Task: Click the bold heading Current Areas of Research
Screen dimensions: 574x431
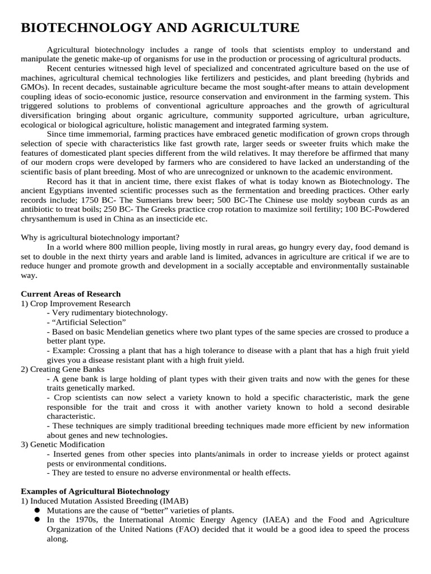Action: [71, 294]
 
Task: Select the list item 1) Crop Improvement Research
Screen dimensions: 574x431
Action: [75, 303]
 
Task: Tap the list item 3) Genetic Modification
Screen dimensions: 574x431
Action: [64, 444]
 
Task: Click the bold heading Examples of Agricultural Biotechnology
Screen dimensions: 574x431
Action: [95, 491]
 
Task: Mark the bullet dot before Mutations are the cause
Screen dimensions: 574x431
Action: [37, 510]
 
